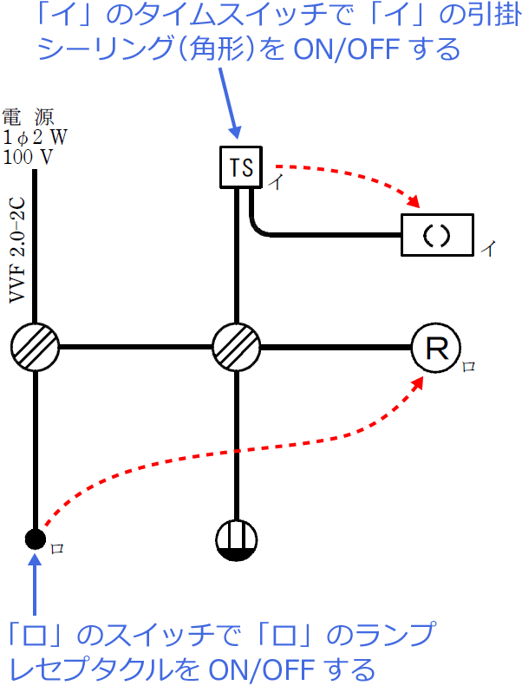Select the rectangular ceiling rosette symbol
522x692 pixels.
pyautogui.click(x=438, y=235)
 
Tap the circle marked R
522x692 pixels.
pyautogui.click(x=435, y=348)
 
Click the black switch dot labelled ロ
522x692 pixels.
pyautogui.click(x=35, y=539)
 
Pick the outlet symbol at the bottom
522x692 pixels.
pyautogui.click(x=236, y=539)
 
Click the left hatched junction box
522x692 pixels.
pyautogui.click(x=35, y=348)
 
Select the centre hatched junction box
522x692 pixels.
pyautogui.click(x=236, y=348)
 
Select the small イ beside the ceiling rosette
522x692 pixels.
pyautogui.click(x=488, y=249)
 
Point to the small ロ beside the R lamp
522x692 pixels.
pyautogui.click(x=468, y=367)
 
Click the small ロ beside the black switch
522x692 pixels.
pyautogui.click(x=57, y=549)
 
